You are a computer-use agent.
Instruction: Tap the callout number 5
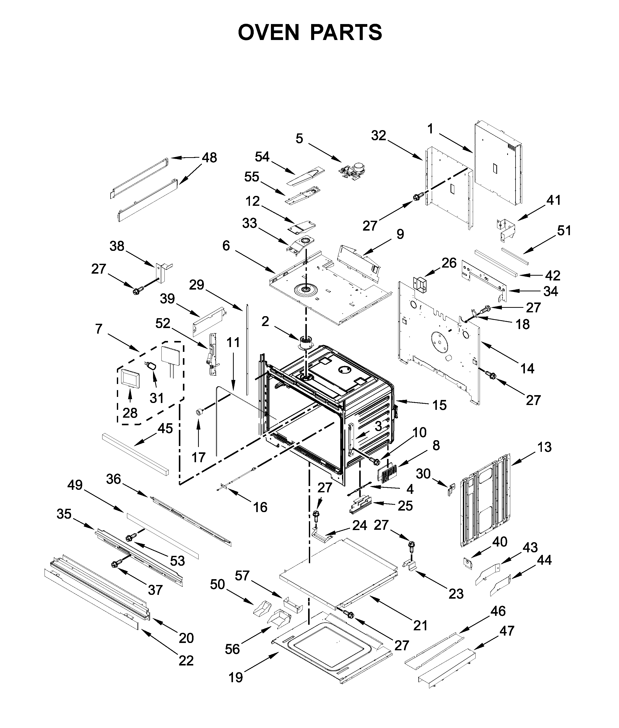299,138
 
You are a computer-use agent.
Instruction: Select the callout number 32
379,135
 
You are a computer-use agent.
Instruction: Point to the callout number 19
236,677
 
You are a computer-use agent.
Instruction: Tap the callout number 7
99,329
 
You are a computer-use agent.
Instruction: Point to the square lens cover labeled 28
130,377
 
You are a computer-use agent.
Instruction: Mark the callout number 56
232,649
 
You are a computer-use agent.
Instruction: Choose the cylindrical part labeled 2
305,342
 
